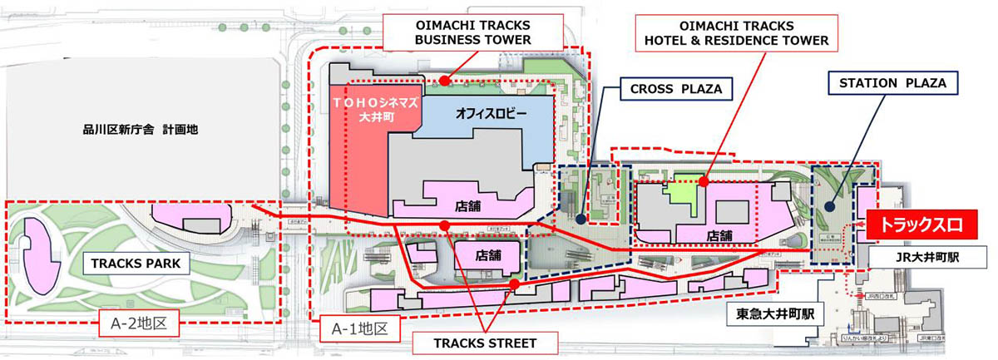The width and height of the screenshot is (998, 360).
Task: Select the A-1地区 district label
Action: (x=360, y=328)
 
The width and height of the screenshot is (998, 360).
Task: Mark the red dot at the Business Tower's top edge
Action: (x=446, y=81)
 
